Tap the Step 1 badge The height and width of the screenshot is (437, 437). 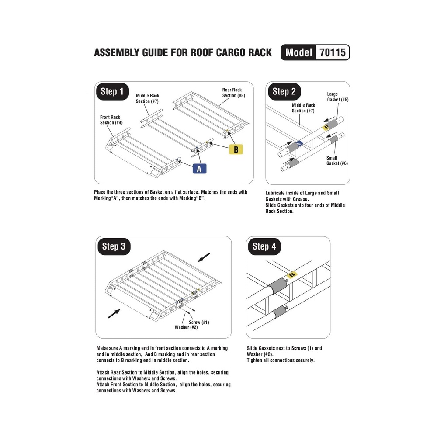coord(112,91)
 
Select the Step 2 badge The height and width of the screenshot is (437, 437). coord(284,91)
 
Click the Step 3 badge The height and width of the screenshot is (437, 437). coord(114,246)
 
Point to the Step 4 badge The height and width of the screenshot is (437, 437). coord(264,246)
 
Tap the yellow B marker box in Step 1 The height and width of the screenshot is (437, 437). coord(236,149)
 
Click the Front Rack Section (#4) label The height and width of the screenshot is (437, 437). coord(110,120)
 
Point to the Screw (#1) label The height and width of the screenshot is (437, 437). coord(199,323)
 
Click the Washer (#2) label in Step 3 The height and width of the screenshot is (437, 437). coord(186,327)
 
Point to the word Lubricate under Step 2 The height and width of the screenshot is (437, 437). coord(278,193)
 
